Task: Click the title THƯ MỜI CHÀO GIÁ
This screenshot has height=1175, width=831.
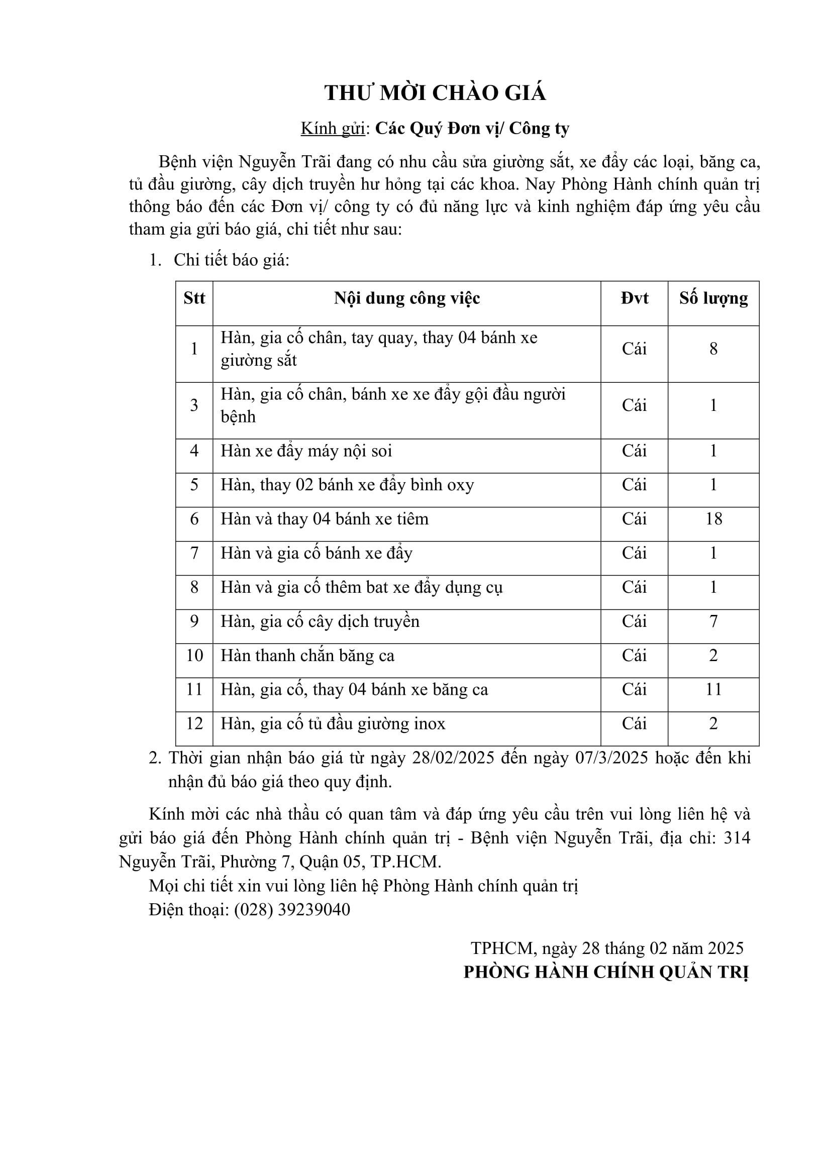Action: tap(435, 93)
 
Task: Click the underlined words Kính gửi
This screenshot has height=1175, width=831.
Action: tap(333, 129)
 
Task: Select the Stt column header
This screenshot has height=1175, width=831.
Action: tap(194, 298)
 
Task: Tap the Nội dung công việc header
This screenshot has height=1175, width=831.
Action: tap(407, 298)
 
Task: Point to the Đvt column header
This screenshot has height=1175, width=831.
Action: tap(634, 298)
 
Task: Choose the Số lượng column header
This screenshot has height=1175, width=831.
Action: tap(713, 298)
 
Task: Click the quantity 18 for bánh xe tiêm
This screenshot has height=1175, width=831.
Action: tap(713, 519)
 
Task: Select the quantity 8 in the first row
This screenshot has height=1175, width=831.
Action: tap(713, 349)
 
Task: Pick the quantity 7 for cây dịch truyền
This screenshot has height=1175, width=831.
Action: tap(713, 621)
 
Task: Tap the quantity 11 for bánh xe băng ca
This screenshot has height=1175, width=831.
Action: tap(713, 689)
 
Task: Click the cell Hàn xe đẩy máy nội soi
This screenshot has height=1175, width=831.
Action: tap(306, 451)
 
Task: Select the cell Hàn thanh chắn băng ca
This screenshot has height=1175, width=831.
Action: tap(307, 656)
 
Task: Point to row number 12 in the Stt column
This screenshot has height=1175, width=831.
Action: tap(194, 723)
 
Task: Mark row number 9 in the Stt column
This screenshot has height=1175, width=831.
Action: tap(194, 621)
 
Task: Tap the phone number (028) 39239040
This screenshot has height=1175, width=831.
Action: tap(292, 909)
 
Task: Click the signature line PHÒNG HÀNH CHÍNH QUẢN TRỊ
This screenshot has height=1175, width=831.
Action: tap(606, 973)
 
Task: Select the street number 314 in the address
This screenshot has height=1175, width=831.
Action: tap(737, 838)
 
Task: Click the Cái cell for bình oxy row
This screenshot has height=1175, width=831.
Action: tap(634, 485)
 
